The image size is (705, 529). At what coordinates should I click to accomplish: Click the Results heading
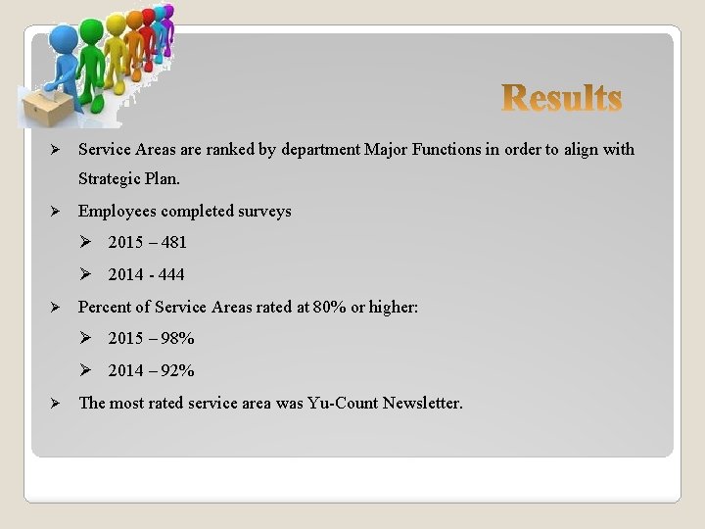click(562, 98)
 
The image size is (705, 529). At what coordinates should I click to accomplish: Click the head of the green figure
click(95, 29)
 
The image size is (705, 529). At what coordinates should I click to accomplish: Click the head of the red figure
click(149, 17)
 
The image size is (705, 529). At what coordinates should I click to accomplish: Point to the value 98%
click(177, 338)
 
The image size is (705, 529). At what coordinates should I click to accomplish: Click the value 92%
click(177, 370)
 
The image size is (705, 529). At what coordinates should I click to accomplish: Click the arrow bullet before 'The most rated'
click(56, 403)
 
